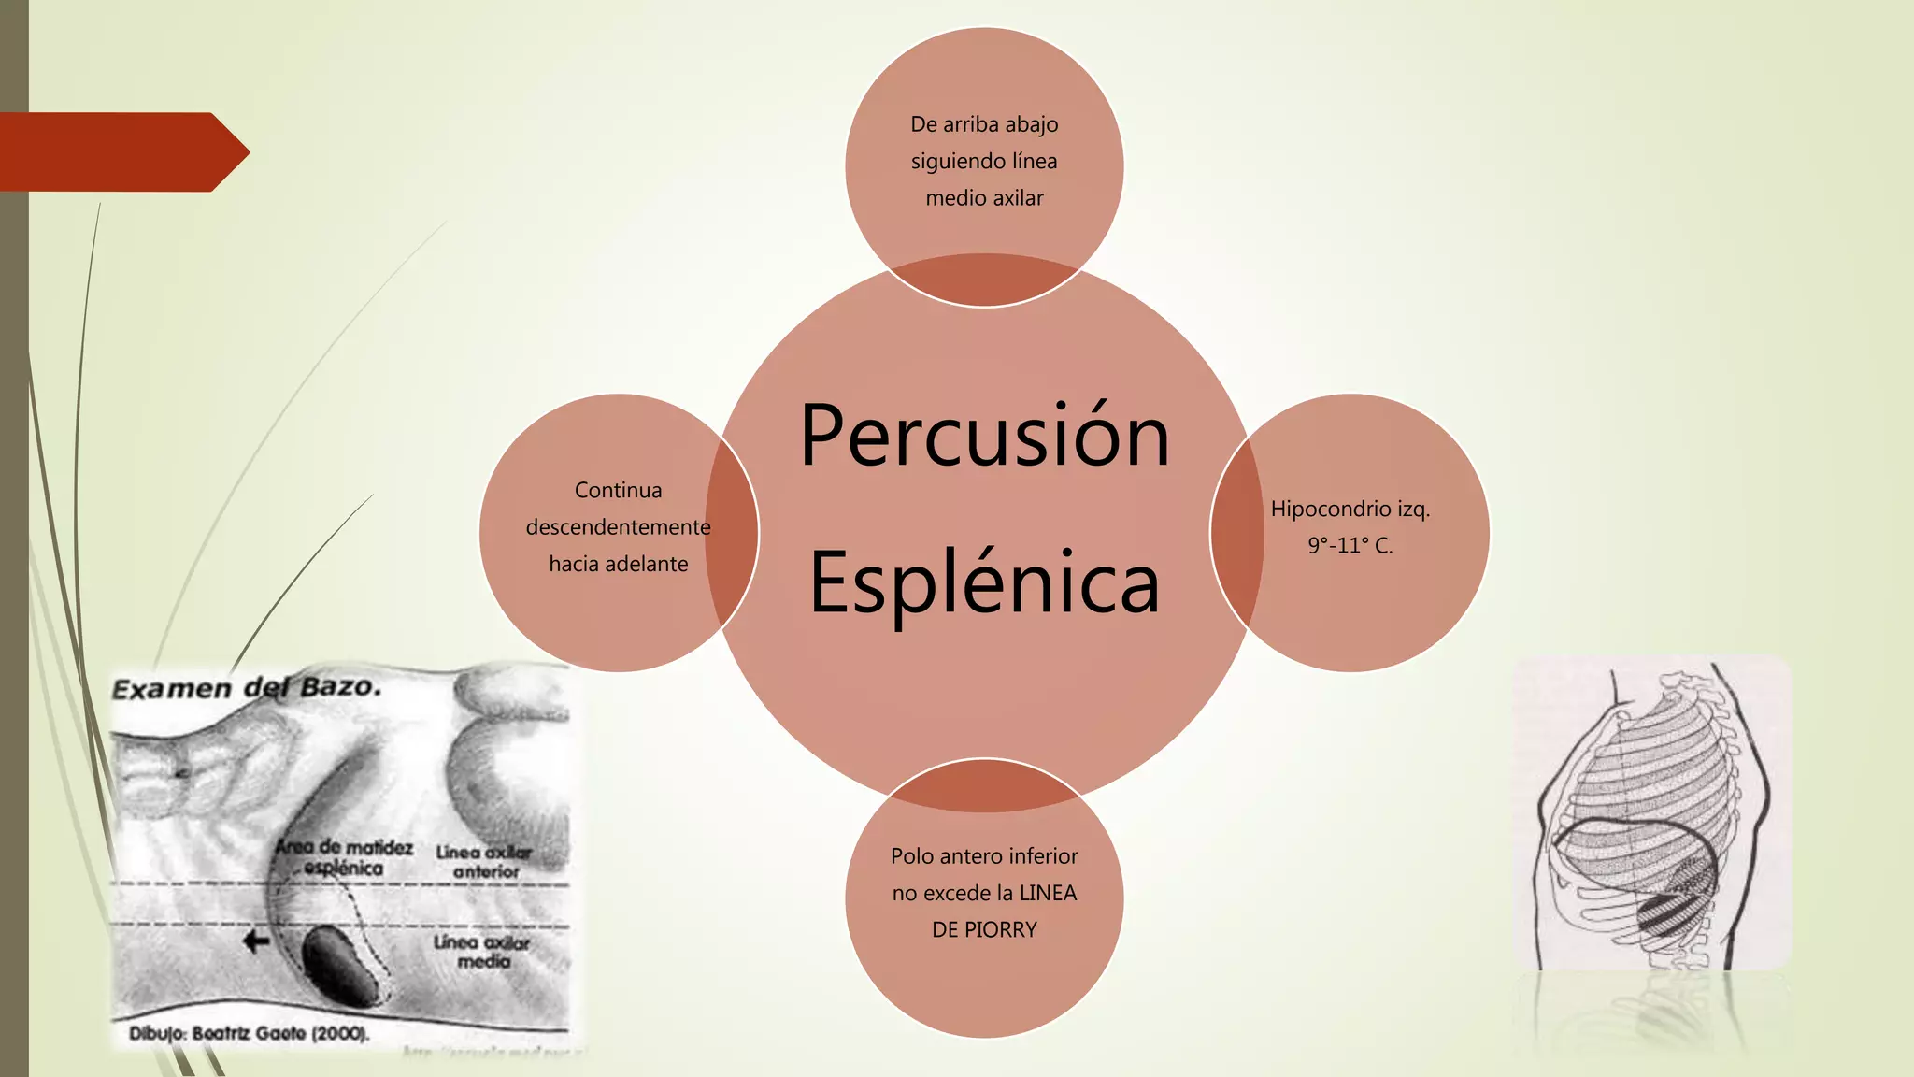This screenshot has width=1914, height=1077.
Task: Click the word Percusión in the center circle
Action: coord(984,436)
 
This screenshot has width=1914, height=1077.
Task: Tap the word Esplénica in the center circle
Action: coord(984,582)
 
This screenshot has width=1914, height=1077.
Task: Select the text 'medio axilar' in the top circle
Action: coord(984,198)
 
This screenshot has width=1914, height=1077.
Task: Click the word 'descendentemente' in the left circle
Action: coord(618,527)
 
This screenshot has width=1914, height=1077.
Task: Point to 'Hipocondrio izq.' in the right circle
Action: coord(1350,509)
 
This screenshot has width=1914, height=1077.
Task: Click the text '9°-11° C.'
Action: coord(1350,546)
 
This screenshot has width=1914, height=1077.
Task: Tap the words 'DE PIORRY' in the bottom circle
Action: coord(984,929)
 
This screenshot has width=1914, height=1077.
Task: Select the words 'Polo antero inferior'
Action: coord(984,855)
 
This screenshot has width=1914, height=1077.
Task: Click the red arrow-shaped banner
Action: coord(121,151)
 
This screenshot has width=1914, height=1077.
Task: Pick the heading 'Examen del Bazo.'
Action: coord(247,688)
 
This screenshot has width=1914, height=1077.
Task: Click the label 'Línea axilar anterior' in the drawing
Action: coord(484,862)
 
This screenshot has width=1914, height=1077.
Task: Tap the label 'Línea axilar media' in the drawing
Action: coord(482,952)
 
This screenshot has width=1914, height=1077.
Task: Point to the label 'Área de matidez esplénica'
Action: coord(344,857)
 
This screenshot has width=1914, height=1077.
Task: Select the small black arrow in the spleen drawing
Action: coord(256,941)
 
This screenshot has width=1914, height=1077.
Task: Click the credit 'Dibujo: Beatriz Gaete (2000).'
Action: coord(249,1033)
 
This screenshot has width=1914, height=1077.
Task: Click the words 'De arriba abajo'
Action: coord(984,124)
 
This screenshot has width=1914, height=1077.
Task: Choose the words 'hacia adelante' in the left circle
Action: coord(618,564)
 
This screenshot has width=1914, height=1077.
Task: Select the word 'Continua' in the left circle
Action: coord(618,490)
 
